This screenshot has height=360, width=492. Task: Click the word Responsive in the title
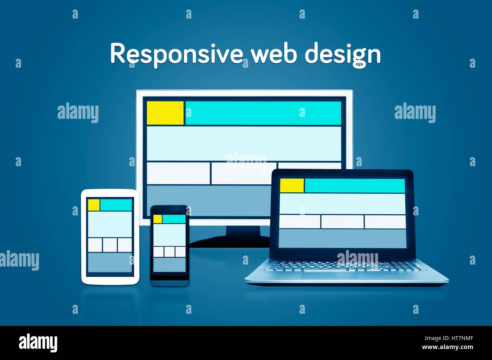[176, 54]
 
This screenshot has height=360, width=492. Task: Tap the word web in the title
[274, 54]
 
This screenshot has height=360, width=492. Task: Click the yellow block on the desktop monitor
[165, 113]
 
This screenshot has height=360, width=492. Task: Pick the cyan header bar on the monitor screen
[263, 113]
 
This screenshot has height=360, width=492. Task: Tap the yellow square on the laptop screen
[292, 185]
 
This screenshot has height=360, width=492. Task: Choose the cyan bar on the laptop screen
[355, 185]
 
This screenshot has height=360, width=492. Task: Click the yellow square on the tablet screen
[94, 205]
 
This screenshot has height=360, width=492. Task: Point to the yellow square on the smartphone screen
[157, 219]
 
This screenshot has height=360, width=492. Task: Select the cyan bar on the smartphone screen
[174, 219]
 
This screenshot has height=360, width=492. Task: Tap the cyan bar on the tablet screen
[116, 205]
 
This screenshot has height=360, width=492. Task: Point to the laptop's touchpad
[329, 275]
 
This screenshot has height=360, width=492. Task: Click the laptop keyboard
[343, 266]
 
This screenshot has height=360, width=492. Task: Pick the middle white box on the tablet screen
[110, 245]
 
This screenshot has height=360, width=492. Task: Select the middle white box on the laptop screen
[343, 222]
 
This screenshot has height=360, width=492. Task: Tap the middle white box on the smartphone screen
[170, 252]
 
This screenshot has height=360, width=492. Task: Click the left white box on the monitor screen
[178, 173]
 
